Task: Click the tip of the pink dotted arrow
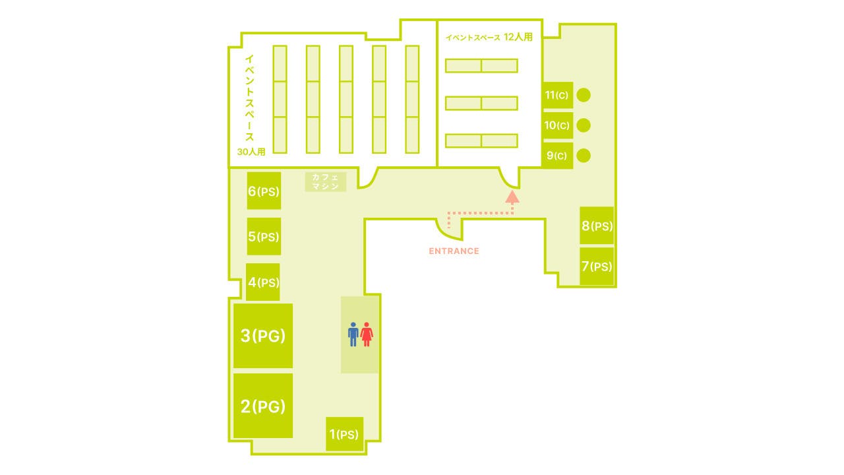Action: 512,191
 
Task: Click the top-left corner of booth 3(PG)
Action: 233,304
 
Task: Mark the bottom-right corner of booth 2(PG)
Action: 293,437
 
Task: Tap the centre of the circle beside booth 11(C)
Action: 584,95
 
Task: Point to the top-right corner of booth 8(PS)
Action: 614,207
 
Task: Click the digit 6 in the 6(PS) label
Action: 252,191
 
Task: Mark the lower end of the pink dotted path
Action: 449,228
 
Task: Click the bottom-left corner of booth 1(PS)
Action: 326,451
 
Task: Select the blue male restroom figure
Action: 353,334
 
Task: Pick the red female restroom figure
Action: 366,334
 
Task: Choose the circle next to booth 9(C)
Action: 584,156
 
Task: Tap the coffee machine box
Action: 326,181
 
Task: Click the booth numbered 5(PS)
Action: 264,236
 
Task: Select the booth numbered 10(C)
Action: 557,125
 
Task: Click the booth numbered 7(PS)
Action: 597,267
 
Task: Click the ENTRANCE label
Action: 454,251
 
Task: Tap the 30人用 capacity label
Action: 251,152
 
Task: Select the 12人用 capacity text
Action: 518,37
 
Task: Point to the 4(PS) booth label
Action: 264,282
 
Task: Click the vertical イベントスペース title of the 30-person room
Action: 249,98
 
